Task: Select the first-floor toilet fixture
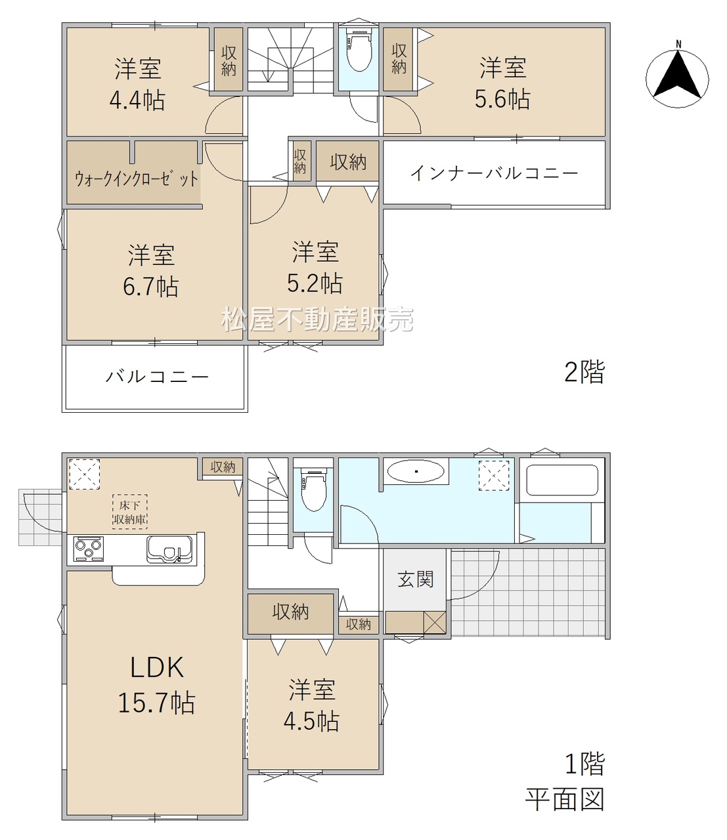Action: coord(313,490)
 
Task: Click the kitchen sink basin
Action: coord(170,549)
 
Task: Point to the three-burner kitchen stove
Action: coord(88,549)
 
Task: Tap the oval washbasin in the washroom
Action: coord(416,471)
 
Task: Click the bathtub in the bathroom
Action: coord(562,480)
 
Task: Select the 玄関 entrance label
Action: coord(416,579)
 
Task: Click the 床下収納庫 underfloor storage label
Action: coord(130,512)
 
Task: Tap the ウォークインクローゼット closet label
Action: coord(137,178)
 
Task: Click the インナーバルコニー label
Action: coord(494,173)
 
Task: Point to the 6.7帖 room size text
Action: coord(150,287)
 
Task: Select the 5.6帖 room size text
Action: coord(502,98)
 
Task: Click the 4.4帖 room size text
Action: coord(137,100)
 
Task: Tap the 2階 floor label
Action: coord(584,371)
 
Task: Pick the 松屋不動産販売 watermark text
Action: coord(317,319)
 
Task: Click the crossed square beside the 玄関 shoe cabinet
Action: coord(435,622)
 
